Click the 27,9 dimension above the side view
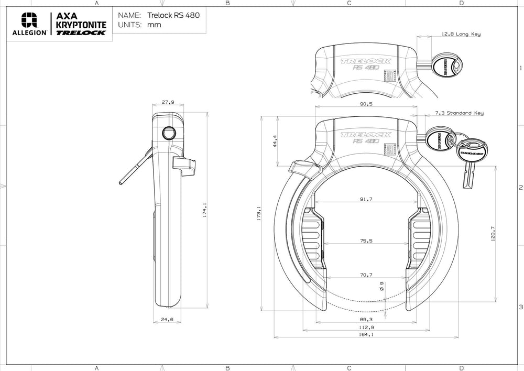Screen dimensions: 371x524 coord(168,103)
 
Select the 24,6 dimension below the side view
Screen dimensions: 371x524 coord(167,319)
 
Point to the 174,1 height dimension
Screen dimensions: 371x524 coord(205,210)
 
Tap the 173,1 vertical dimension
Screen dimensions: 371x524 coord(259,213)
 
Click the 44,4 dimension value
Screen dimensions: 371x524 coord(275,141)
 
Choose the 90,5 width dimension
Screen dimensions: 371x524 coord(366,104)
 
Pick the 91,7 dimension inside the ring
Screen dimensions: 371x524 coord(366,199)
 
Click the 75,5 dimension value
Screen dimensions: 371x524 coord(366,241)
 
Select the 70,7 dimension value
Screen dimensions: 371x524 coord(366,275)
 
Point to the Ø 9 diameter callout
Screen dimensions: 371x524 coord(381,286)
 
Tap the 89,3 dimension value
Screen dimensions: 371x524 coord(366,319)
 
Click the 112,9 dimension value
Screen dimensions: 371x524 coord(366,327)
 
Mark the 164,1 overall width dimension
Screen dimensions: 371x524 coord(366,335)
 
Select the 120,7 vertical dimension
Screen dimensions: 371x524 coord(492,234)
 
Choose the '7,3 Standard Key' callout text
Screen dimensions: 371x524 coord(459,113)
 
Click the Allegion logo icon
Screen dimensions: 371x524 coord(29,20)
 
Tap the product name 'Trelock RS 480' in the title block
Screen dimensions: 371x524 coord(177,15)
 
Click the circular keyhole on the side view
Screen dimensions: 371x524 coord(169,133)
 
